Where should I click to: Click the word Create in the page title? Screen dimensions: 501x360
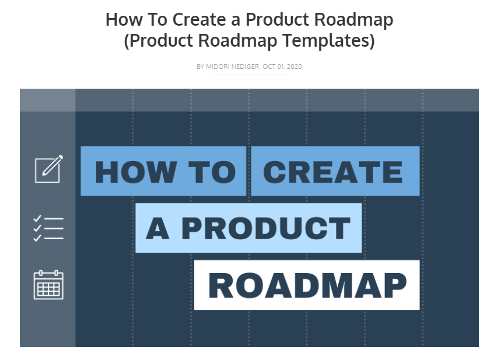[x=199, y=19]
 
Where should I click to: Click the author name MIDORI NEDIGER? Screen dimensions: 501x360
[x=233, y=67]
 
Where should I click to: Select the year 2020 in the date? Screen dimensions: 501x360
[x=295, y=67]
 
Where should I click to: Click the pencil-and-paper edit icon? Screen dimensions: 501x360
[x=49, y=169]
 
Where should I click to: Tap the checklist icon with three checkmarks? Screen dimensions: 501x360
[x=48, y=228]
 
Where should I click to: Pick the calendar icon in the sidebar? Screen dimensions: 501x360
[x=48, y=285]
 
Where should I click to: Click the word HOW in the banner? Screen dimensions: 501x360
[x=136, y=172]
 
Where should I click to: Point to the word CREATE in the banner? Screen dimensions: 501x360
[x=332, y=172]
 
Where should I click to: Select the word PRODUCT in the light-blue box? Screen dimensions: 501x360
[x=266, y=228]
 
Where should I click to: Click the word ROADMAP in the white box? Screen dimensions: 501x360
[x=307, y=285]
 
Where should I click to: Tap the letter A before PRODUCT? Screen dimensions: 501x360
[x=157, y=228]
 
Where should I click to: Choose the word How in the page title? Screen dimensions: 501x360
[x=124, y=19]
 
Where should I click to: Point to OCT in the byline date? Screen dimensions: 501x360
[x=269, y=67]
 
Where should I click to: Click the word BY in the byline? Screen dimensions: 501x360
[x=200, y=67]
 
